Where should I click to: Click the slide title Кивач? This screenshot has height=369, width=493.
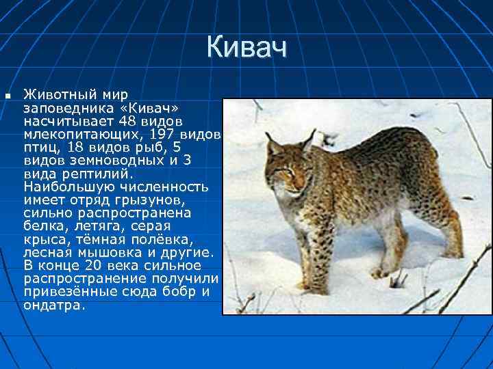246,48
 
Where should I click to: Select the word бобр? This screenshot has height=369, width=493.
181,291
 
